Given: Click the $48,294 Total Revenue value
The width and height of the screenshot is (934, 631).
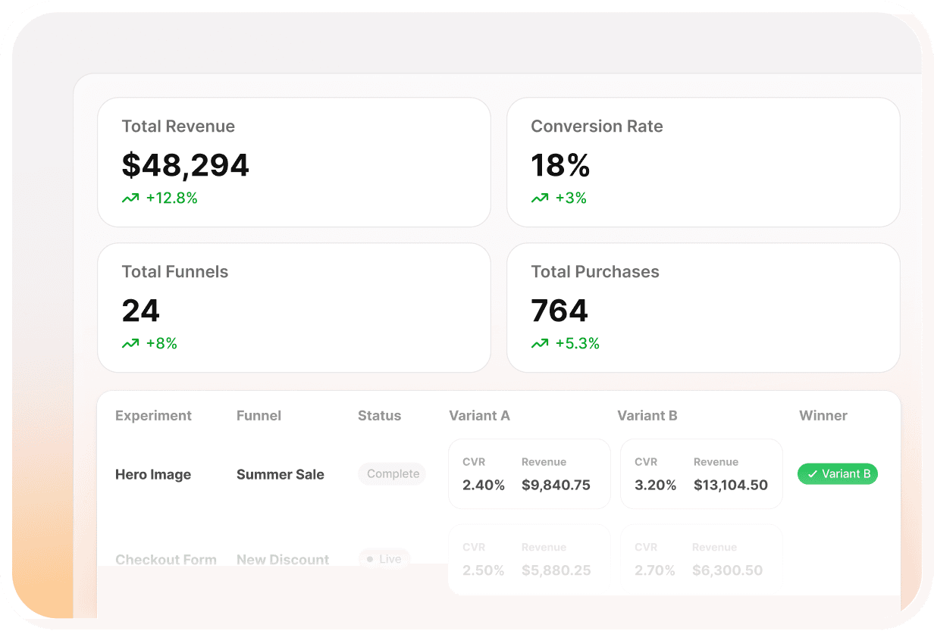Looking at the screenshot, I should tap(185, 165).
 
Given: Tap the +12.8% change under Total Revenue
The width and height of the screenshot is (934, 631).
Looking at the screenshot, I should tap(171, 198).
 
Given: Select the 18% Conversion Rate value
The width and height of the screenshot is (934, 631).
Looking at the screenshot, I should tap(560, 165).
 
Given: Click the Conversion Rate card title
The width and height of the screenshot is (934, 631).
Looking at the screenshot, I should tap(597, 127).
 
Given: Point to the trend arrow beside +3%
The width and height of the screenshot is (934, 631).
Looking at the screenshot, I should tap(540, 198).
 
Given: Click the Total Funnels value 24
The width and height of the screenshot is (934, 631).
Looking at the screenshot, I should tap(141, 311).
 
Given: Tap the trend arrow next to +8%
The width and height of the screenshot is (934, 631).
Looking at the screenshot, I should tap(130, 344).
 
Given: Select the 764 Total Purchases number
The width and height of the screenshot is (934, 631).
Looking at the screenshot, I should tap(559, 311).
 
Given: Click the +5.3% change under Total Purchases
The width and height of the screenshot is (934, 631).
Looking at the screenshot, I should tap(577, 344).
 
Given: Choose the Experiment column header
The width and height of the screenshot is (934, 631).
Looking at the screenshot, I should tap(153, 416).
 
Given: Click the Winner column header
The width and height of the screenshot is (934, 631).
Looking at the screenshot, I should tap(823, 416).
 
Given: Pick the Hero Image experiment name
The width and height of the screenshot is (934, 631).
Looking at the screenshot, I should tap(153, 475).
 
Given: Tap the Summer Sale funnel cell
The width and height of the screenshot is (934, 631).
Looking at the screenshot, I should tap(280, 475).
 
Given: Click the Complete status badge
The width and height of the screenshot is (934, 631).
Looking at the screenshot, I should tap(392, 474).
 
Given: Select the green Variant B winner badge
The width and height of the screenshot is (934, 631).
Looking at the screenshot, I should tap(837, 474).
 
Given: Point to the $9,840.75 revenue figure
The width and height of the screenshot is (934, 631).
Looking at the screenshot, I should tap(556, 486).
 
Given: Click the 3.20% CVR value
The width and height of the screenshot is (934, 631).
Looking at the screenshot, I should tap(655, 486).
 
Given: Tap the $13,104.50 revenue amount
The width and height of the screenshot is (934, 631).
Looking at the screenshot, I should tap(730, 486).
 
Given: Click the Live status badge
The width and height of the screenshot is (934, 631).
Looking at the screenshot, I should tap(384, 559).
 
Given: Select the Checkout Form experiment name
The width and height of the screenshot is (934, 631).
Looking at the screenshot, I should tap(165, 560).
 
